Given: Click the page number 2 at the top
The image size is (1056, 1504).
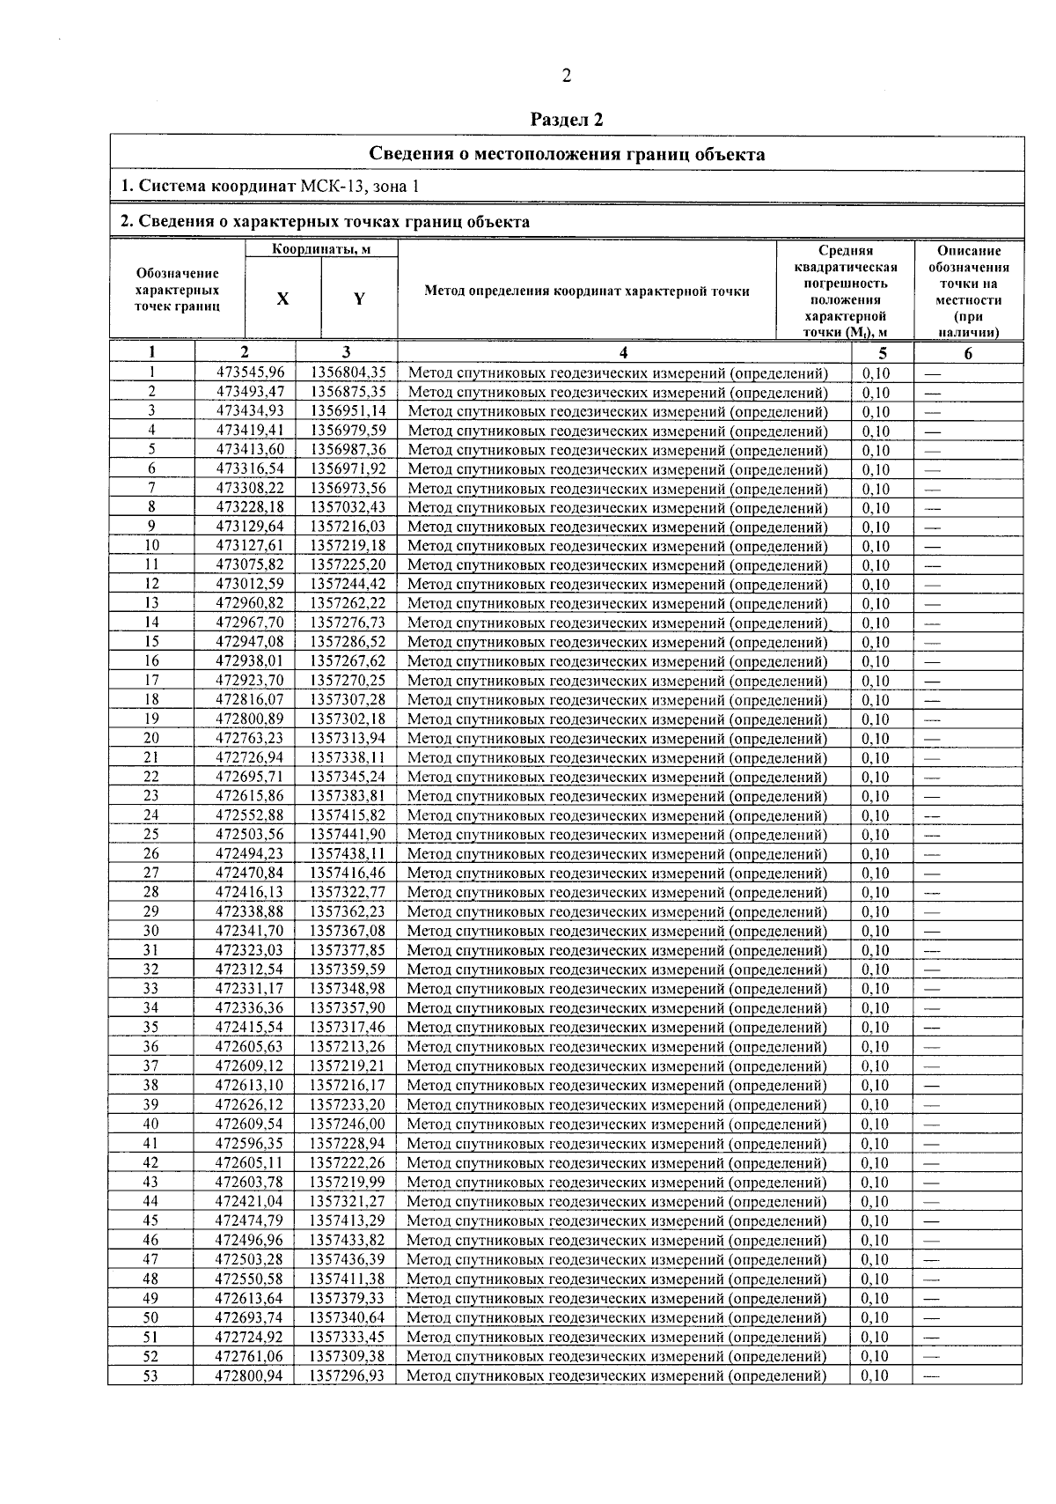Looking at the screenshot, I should pos(567,77).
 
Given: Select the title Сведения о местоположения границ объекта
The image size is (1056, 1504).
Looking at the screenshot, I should pos(566,155).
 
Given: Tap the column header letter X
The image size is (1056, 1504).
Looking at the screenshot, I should pos(282,299).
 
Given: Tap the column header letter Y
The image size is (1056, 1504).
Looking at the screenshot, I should pos(359,299).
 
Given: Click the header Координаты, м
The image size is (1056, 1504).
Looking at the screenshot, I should pos(320,250).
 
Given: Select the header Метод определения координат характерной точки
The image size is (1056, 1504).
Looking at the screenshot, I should pos(587,291).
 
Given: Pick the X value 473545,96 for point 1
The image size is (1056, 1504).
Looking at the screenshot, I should pos(251,372).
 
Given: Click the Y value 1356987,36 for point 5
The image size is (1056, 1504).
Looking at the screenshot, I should pos(348,450).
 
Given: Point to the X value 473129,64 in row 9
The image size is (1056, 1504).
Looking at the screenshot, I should pos(251,527).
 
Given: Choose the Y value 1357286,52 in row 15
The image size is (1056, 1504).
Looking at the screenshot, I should pos(348,642).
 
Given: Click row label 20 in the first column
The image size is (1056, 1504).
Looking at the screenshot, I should pos(151,738).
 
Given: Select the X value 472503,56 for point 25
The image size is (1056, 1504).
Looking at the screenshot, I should pos(251,835).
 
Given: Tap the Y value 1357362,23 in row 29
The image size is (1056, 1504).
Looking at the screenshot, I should pos(348,911).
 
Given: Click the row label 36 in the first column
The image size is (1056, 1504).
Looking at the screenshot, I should pos(151,1046).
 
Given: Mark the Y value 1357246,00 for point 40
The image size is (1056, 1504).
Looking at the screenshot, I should pos(348,1124).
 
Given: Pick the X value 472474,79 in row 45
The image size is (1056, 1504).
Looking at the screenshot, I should pos(251,1220).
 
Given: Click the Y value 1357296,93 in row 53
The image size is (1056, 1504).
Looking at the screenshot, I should pos(348,1375).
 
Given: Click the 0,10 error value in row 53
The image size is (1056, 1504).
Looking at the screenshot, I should pos(876,1375).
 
